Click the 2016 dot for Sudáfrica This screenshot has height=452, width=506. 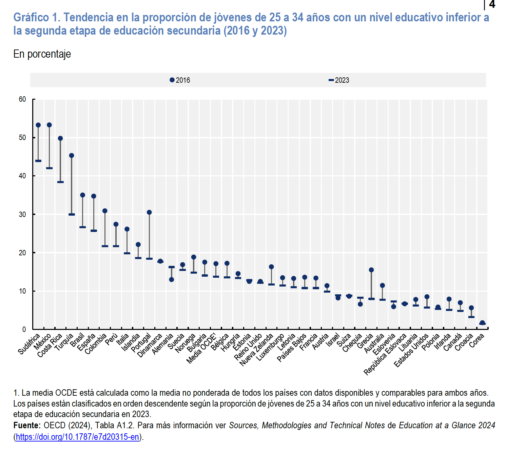coord(38,125)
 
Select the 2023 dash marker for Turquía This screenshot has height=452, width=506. coord(72,214)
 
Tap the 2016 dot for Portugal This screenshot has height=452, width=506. coord(149,212)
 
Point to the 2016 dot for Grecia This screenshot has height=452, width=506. coord(371,270)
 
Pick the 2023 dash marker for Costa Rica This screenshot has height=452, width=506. coord(60,182)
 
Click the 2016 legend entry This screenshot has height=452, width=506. coord(180,80)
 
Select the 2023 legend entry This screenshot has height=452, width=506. coord(339,80)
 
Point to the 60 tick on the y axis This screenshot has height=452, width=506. coord(22,99)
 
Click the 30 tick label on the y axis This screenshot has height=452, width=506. coord(22,214)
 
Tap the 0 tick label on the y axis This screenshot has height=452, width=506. coord(24,329)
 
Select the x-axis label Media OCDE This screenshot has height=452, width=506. coord(201,349)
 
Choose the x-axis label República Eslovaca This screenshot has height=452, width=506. coord(385,355)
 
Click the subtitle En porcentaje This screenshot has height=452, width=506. coord(42,54)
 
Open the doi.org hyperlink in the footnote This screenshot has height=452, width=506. coord(77,437)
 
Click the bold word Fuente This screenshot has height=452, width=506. coord(27,425)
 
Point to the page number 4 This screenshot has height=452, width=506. coord(492,4)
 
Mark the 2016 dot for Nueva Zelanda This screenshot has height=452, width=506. coord(271,267)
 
